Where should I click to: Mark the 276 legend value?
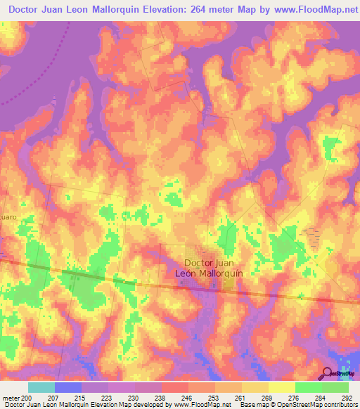tap(296, 398)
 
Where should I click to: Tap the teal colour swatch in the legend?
tap(41, 387)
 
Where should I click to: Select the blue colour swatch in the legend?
tap(68, 387)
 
